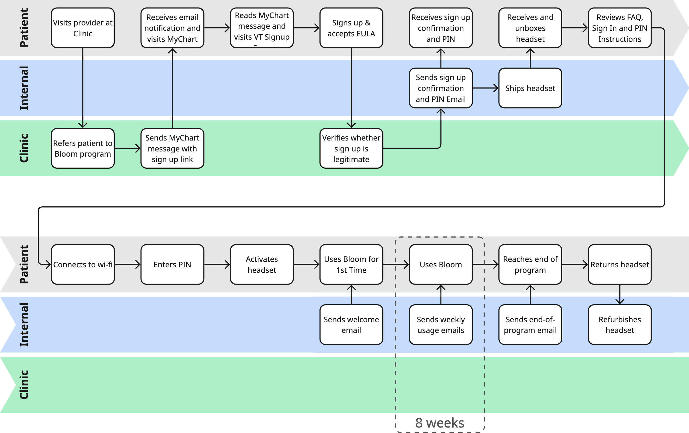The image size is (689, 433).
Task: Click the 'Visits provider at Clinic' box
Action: [x=83, y=28]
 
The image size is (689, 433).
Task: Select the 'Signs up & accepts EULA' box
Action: [x=351, y=28]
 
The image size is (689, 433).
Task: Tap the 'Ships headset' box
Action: [x=530, y=88]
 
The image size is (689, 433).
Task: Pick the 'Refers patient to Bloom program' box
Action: [x=83, y=148]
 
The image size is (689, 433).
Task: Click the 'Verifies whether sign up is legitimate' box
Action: [x=351, y=148]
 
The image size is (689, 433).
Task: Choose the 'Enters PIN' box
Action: [x=172, y=264]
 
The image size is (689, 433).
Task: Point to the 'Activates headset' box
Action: [x=262, y=264]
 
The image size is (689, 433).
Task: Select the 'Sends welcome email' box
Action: [x=351, y=324]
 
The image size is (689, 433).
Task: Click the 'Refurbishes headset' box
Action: [x=620, y=324]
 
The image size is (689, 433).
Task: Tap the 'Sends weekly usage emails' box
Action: [x=440, y=324]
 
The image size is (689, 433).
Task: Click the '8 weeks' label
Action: [x=440, y=423]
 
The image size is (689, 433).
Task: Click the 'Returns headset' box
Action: [x=620, y=264]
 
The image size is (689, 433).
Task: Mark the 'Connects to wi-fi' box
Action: [x=83, y=264]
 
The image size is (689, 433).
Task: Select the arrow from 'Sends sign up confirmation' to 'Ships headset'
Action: [x=485, y=88]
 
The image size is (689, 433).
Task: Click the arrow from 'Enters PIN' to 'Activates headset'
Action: [x=217, y=264]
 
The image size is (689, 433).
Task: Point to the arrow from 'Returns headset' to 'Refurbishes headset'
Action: [x=620, y=294]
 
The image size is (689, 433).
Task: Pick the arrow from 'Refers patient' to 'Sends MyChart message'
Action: [x=127, y=148]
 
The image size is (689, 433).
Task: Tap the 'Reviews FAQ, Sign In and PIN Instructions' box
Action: [x=620, y=28]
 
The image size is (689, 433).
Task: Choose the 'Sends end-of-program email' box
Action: [x=530, y=324]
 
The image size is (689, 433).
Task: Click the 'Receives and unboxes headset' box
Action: [x=530, y=28]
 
